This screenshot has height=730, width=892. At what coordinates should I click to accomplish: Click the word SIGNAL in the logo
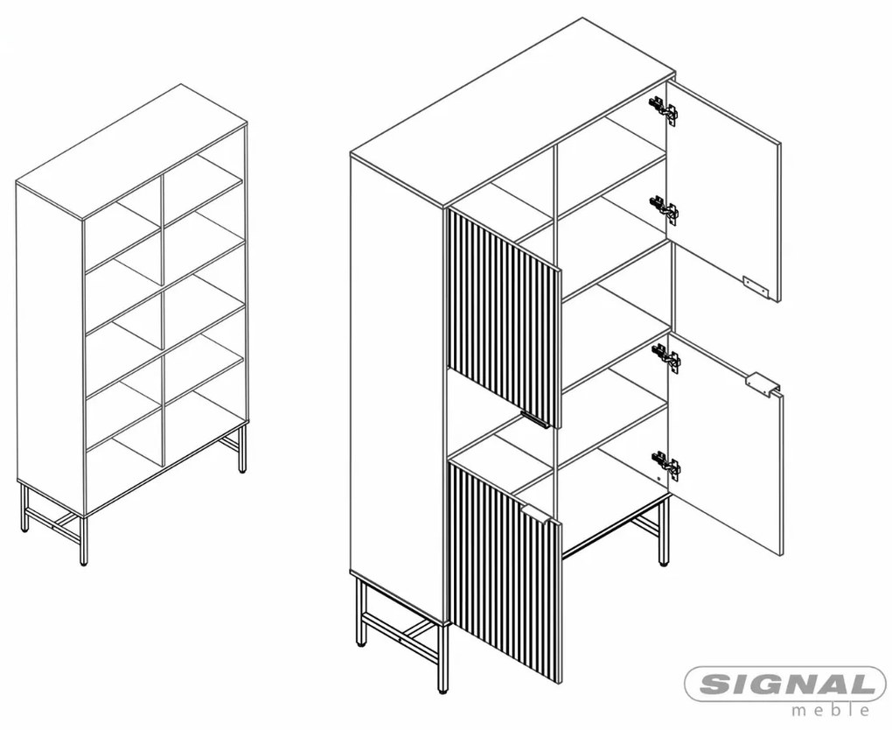(785, 684)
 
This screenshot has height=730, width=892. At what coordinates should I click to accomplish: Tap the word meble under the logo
(831, 710)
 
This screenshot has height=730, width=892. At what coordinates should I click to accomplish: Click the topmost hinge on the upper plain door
(665, 109)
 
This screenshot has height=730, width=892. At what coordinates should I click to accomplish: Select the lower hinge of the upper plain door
(665, 208)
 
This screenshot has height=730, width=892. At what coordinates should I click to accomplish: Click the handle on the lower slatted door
(534, 511)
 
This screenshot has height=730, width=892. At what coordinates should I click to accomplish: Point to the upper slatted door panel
(505, 319)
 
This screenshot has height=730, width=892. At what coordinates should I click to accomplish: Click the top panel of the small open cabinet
(131, 151)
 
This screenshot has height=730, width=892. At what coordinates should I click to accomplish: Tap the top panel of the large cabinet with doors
(512, 112)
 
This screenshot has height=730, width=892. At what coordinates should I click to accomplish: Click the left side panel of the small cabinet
(50, 348)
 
